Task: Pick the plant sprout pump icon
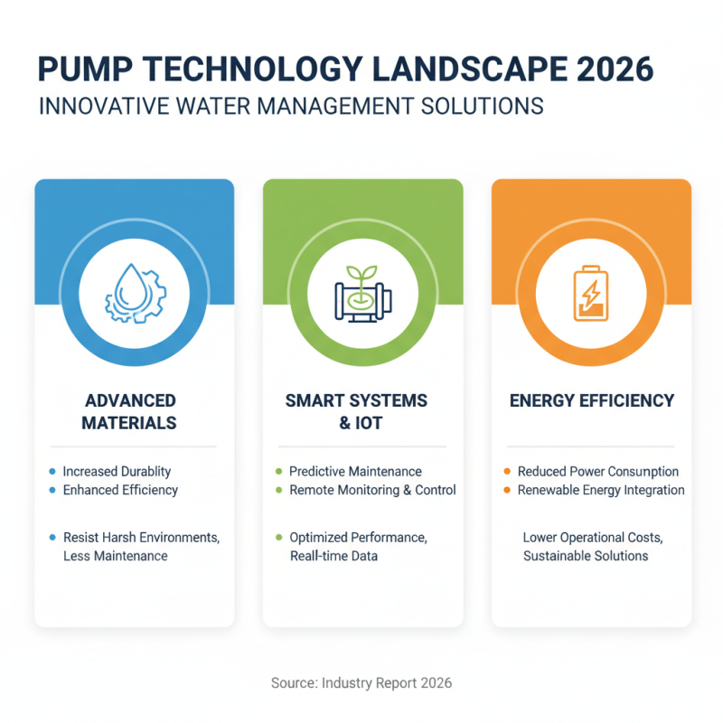coord(362,292)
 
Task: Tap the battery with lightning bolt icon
coord(591,292)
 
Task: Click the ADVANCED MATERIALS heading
coord(129,411)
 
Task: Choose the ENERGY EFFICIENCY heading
coord(591,400)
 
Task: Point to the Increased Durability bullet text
coord(117,471)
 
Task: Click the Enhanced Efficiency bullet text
coord(120,490)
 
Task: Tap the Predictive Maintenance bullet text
coord(355,471)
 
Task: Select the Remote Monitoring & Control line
coord(372,490)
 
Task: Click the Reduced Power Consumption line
coord(597,471)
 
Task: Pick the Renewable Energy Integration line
coord(601,490)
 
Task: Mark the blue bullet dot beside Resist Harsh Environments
coord(52,537)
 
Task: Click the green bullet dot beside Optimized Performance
coord(278,537)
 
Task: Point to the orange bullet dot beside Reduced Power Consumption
coord(507,471)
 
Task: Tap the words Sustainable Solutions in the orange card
coord(586,556)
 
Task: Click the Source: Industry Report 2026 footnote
coord(361,683)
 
